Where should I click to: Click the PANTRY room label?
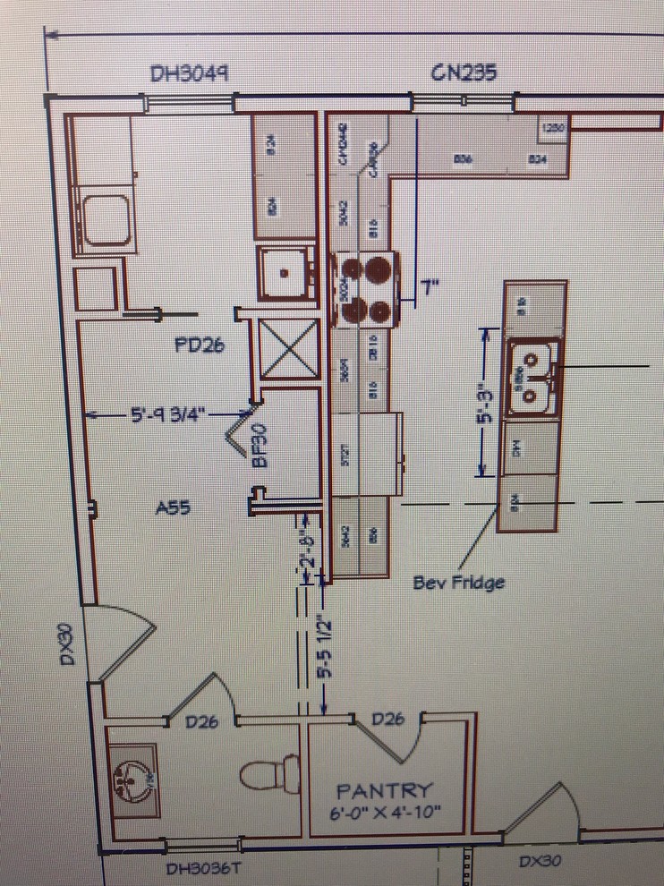pyautogui.click(x=384, y=791)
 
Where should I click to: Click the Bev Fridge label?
pyautogui.click(x=458, y=583)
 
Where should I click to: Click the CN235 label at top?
pyautogui.click(x=463, y=72)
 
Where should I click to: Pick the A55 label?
pyautogui.click(x=173, y=507)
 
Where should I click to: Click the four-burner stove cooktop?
pyautogui.click(x=366, y=288)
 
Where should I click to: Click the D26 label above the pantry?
pyautogui.click(x=389, y=718)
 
